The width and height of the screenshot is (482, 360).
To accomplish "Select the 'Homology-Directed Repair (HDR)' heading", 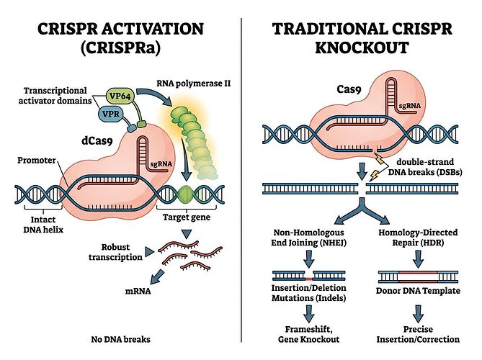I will tap(419, 238).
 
